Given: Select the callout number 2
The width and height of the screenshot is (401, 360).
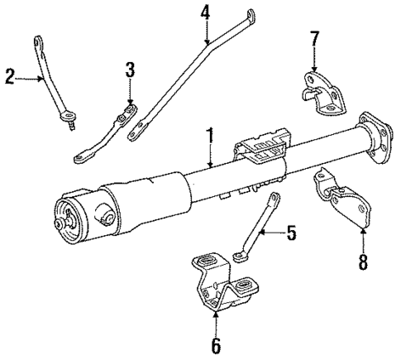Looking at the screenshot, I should (x=9, y=78).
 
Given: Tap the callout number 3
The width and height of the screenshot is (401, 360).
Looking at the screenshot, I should (x=130, y=70).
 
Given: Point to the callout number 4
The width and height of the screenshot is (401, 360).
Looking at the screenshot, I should (x=205, y=13).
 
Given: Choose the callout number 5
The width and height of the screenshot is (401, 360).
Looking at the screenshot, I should (x=290, y=234).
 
